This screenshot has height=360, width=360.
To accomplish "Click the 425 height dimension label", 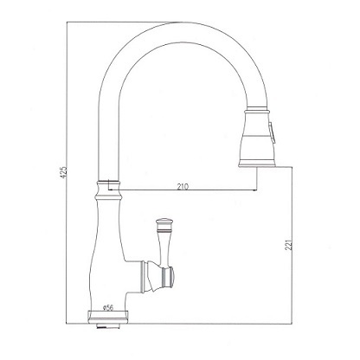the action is [64, 171].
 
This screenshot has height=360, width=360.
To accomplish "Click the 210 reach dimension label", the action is [183, 187].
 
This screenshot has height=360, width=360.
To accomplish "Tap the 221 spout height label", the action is [290, 245].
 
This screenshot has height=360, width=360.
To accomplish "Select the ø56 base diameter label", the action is [108, 308].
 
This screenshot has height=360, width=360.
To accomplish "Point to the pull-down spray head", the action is [257, 137].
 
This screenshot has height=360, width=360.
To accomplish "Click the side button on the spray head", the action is [272, 132].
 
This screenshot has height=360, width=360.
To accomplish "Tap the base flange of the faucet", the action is [108, 317].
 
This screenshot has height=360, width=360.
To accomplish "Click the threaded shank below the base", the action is [108, 325].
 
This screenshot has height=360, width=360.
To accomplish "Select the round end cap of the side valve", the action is [170, 276].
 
